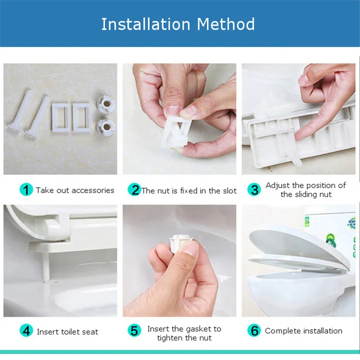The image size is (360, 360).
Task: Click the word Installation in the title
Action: pyautogui.click(x=146, y=24)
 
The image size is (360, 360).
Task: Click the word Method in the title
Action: pyautogui.click(x=226, y=24)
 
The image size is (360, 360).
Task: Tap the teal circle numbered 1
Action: pyautogui.click(x=26, y=189)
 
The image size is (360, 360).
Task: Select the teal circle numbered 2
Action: pyautogui.click(x=134, y=189)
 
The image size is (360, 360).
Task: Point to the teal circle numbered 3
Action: pyautogui.click(x=254, y=189)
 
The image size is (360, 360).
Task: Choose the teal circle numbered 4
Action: pyautogui.click(x=26, y=331)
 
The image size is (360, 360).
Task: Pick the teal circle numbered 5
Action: pyautogui.click(x=134, y=331)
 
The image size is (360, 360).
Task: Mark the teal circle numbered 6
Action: pyautogui.click(x=254, y=331)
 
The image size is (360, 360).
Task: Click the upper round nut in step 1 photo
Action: pyautogui.click(x=106, y=104)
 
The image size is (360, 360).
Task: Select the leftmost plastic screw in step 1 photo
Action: pyautogui.click(x=20, y=111)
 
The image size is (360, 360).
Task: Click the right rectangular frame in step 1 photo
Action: pyautogui.click(x=82, y=117)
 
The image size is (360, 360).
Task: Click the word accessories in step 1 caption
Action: pyautogui.click(x=93, y=190)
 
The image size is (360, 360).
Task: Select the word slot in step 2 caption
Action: pyautogui.click(x=229, y=191)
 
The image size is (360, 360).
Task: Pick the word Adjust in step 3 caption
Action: pyautogui.click(x=278, y=185)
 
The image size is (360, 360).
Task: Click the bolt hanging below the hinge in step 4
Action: pyautogui.click(x=46, y=267)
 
